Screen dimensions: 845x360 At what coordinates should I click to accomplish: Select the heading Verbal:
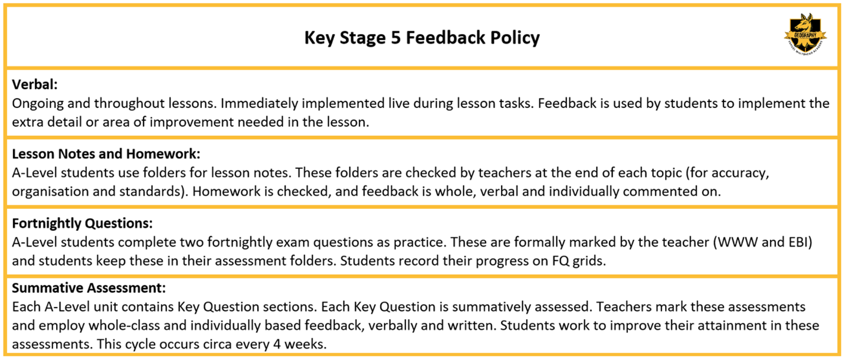35,84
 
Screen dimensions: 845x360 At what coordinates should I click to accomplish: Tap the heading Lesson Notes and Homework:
106,154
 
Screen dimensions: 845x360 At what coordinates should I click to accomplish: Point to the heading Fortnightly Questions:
82,224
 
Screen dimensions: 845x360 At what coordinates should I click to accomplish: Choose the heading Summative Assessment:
89,288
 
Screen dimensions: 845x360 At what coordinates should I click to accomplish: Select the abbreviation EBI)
800,242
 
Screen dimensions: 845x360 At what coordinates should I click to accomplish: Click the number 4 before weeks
277,344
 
